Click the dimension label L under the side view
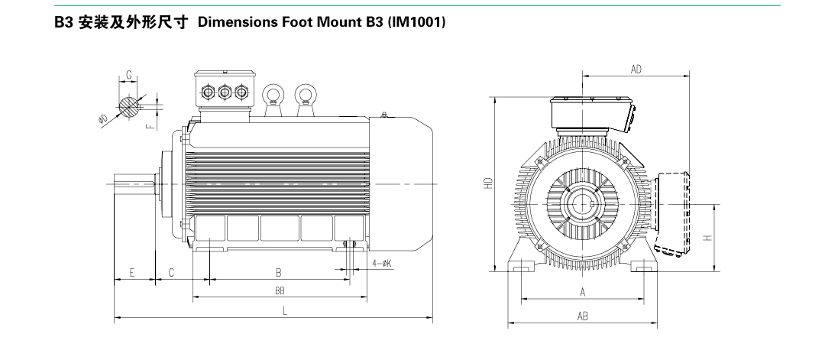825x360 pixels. [284, 310]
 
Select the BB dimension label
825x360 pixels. [280, 291]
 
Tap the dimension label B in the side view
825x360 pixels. [280, 272]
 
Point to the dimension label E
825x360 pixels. [132, 272]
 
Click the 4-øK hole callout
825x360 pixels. [381, 263]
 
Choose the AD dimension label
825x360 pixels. [636, 69]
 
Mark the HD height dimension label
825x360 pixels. [487, 183]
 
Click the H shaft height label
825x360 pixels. [708, 237]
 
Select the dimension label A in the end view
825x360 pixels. [583, 291]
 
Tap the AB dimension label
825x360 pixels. [583, 316]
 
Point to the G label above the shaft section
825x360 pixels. [129, 75]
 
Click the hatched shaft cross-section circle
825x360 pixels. [131, 105]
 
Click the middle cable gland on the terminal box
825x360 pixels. [225, 92]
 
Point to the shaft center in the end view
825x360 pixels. [583, 204]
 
